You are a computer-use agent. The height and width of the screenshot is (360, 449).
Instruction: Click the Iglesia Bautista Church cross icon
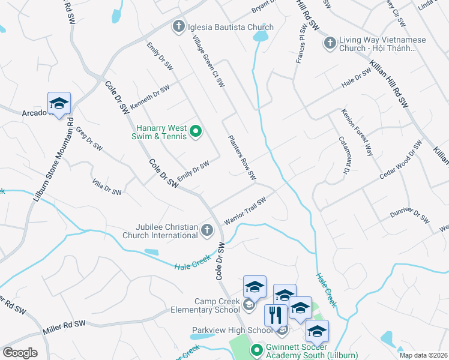tap(178, 27)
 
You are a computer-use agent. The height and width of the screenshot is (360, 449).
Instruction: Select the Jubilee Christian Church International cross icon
tap(206, 230)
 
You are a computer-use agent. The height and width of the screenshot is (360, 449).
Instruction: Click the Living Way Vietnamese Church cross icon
tap(330, 43)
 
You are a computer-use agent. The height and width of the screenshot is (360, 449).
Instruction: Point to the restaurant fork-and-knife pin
tap(276, 314)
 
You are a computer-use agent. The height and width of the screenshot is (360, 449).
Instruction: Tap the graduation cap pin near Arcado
tap(59, 103)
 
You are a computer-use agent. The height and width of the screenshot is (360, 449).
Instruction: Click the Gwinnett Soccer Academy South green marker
tap(256, 349)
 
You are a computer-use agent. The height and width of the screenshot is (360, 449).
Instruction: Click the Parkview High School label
tap(232, 330)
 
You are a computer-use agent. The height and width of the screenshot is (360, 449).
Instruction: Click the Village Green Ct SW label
tap(208, 60)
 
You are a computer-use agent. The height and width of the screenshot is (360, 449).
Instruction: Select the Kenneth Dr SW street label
tap(150, 97)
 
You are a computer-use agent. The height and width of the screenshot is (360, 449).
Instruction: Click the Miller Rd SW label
tap(64, 327)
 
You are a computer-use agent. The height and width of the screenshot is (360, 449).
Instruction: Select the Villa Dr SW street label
tap(106, 187)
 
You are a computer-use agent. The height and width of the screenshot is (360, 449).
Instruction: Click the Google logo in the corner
tap(20, 353)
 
